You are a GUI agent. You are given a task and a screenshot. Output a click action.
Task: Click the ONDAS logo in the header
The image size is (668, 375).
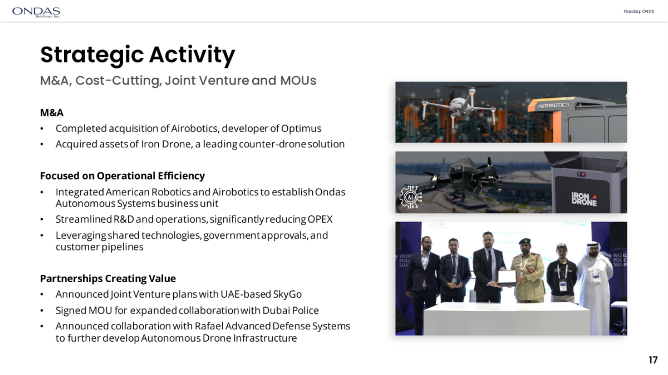pos(36,12)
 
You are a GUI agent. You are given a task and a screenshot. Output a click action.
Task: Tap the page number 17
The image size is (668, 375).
pos(653,360)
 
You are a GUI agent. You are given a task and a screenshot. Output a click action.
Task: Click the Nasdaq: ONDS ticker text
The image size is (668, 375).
pos(639,11)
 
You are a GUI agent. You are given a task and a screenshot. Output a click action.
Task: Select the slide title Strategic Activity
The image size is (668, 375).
pos(137,55)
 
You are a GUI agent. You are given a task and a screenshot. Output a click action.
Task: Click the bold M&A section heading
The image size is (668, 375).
pos(52,113)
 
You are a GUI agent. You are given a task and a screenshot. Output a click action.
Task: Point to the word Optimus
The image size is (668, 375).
pos(301,129)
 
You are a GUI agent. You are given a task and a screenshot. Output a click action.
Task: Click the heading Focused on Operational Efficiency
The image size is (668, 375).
pos(122,176)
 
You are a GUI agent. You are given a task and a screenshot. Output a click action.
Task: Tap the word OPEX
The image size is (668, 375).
pos(320,219)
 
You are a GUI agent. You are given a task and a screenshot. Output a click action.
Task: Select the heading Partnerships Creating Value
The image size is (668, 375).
pos(108,278)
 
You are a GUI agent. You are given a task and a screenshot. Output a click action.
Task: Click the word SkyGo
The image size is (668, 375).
pos(287,294)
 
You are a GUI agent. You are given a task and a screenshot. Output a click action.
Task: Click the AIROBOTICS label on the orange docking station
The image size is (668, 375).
pos(553,105)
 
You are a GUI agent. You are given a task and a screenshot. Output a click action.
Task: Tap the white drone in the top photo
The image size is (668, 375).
pos(459,106)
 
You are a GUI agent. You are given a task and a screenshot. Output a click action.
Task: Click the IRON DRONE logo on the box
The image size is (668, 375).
pos(584,199)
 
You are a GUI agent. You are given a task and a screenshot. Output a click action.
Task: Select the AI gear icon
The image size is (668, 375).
pos(411,197)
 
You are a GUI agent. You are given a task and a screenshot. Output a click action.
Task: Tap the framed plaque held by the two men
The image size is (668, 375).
pos(507,278)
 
